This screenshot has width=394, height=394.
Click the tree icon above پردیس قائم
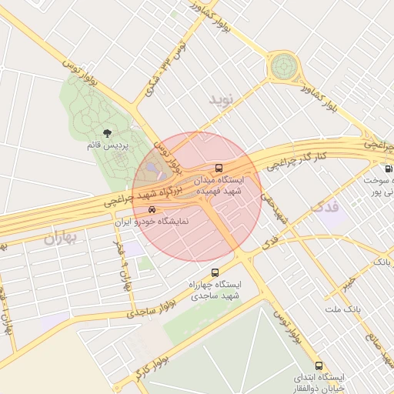[106, 133]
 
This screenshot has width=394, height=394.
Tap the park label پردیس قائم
[106, 145]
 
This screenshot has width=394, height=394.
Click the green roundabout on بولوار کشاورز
[283, 66]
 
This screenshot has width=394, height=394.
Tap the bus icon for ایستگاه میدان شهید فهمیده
[219, 168]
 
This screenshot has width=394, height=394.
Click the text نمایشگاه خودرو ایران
[152, 222]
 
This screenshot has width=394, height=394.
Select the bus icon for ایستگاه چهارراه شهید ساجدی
[215, 272]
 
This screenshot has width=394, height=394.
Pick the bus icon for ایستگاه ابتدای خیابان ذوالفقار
[319, 366]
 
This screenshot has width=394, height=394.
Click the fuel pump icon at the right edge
[388, 169]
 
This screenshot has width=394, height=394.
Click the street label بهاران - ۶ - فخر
[122, 266]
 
